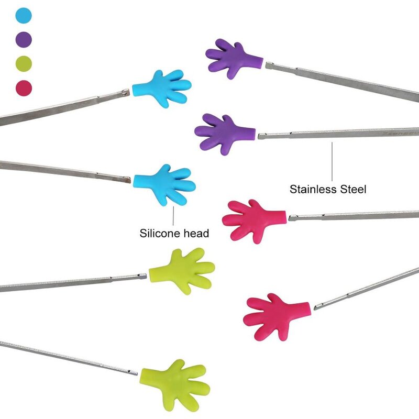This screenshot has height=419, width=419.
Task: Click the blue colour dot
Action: point(24,16)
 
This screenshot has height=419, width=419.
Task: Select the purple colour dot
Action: point(24,39)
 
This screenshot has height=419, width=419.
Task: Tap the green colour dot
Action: point(24,63)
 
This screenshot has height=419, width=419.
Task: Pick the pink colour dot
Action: point(24,86)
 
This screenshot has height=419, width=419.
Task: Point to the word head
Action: point(197,234)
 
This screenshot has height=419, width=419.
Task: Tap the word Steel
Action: point(353,189)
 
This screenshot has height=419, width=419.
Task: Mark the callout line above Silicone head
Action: point(173,215)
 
